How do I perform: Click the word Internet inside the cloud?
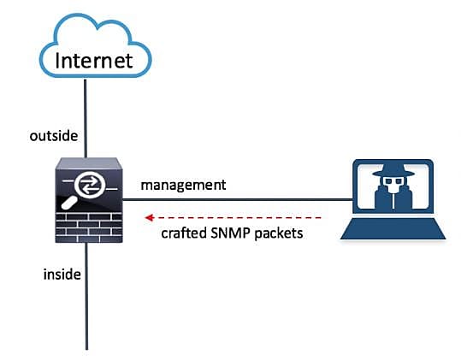coord(94,61)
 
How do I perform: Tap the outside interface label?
coord(54,136)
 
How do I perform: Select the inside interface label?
coord(62,274)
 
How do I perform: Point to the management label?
coord(183,186)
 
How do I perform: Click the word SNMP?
coord(230,233)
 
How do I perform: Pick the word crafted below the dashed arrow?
coord(184,233)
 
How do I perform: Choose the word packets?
coord(279,234)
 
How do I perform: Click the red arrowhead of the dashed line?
coord(150,218)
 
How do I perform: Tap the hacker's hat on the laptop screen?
coord(393,170)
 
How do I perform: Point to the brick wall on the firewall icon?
coord(89,227)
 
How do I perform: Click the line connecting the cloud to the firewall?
coord(86,118)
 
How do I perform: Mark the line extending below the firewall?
coord(86,296)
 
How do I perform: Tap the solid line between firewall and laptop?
coord(237,199)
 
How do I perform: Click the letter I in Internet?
coord(57,61)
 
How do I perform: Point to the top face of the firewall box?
coord(89,163)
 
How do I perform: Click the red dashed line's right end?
coord(321,218)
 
